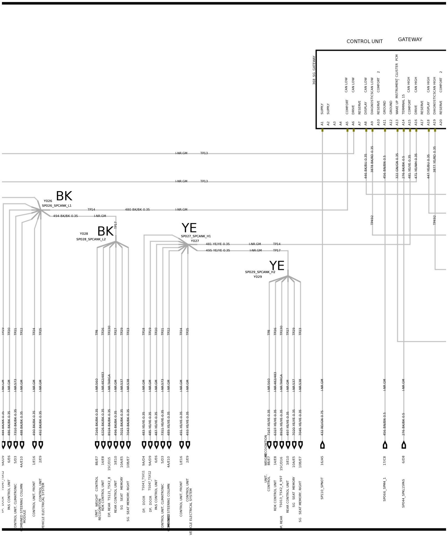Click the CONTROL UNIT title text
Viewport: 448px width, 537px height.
(x=364, y=41)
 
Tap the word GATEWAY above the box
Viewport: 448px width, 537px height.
(x=410, y=40)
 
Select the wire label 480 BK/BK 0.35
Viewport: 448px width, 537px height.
(x=137, y=210)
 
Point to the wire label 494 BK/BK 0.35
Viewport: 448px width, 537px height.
(x=66, y=216)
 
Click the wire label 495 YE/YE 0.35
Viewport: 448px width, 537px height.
(x=218, y=251)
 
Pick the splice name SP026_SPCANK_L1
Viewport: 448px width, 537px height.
(x=57, y=206)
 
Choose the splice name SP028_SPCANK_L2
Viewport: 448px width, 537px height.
(x=91, y=239)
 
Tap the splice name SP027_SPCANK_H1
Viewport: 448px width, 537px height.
(x=196, y=236)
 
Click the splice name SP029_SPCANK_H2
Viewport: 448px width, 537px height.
(x=260, y=272)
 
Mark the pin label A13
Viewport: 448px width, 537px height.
(x=397, y=122)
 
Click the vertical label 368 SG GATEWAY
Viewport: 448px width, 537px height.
(x=314, y=70)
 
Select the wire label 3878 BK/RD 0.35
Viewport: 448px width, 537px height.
(x=372, y=159)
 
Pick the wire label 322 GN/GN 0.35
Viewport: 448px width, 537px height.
(x=397, y=166)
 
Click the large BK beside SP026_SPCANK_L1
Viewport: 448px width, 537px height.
(x=64, y=196)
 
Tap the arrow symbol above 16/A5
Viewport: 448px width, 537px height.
(x=322, y=445)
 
